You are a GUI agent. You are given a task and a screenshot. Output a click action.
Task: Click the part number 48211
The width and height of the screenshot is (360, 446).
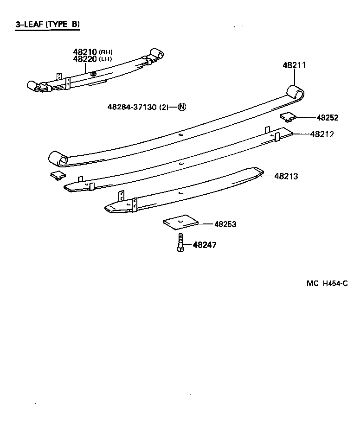click(x=294, y=65)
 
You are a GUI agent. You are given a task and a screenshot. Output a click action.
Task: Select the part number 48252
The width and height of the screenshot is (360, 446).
click(x=328, y=118)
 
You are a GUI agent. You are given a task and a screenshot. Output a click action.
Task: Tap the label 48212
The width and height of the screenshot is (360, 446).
click(x=321, y=134)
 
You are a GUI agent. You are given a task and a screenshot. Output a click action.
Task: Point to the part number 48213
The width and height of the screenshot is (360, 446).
click(x=286, y=176)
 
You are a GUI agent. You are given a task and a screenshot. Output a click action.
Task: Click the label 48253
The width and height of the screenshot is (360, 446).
click(x=225, y=224)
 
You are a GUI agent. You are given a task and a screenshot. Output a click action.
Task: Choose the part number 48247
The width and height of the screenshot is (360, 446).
click(x=204, y=245)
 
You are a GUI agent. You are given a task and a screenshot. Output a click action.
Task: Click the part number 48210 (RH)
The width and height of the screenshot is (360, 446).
click(x=93, y=52)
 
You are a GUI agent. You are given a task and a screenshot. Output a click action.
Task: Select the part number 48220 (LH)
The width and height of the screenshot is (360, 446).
click(x=93, y=59)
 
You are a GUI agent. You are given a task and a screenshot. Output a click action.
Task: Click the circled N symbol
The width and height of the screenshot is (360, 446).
click(x=182, y=107)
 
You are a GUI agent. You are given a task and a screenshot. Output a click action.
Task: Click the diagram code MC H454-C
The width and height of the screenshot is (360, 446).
click(x=327, y=283)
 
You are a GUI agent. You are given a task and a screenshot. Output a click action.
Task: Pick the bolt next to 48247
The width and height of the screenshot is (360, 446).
click(x=180, y=243)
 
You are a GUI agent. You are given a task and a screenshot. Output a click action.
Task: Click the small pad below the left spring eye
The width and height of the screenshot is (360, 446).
click(x=58, y=175)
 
